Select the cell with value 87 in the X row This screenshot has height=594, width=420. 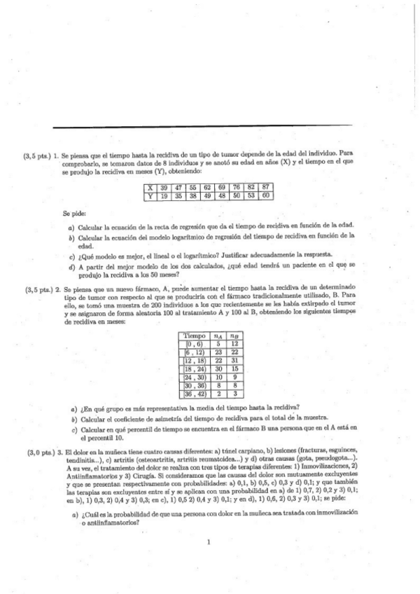pos(265,187)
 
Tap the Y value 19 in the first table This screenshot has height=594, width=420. pos(164,196)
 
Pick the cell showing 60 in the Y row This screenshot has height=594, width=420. pos(265,196)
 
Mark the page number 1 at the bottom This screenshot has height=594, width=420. pos(209,541)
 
